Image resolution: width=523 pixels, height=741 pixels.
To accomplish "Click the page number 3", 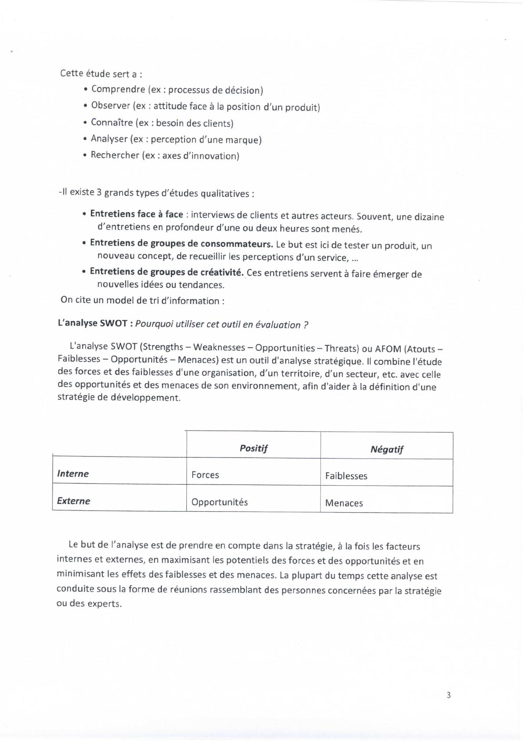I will click(448, 695).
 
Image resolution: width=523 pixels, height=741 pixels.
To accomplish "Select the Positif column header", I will click(254, 448).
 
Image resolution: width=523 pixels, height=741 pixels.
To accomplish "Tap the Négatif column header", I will click(387, 449).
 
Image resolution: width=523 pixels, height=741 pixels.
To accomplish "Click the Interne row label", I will click(73, 474).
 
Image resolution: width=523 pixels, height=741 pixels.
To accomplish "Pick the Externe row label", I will click(73, 501).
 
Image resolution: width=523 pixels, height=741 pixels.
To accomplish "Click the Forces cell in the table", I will click(205, 475).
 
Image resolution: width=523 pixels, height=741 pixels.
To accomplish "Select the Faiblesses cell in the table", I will click(346, 476).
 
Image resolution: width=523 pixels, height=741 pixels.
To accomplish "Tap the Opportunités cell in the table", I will click(220, 502).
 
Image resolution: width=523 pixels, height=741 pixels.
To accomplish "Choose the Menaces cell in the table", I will click(344, 503).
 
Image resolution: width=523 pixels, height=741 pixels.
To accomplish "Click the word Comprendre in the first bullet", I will click(118, 89).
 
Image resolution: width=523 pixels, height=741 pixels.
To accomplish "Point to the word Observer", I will click(111, 106).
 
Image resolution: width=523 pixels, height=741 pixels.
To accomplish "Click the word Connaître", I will click(112, 122).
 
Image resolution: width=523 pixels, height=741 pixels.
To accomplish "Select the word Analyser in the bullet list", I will click(109, 139).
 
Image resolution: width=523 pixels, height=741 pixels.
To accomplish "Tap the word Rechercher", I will click(115, 155).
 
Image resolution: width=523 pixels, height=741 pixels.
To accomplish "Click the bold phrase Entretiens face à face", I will click(136, 214).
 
